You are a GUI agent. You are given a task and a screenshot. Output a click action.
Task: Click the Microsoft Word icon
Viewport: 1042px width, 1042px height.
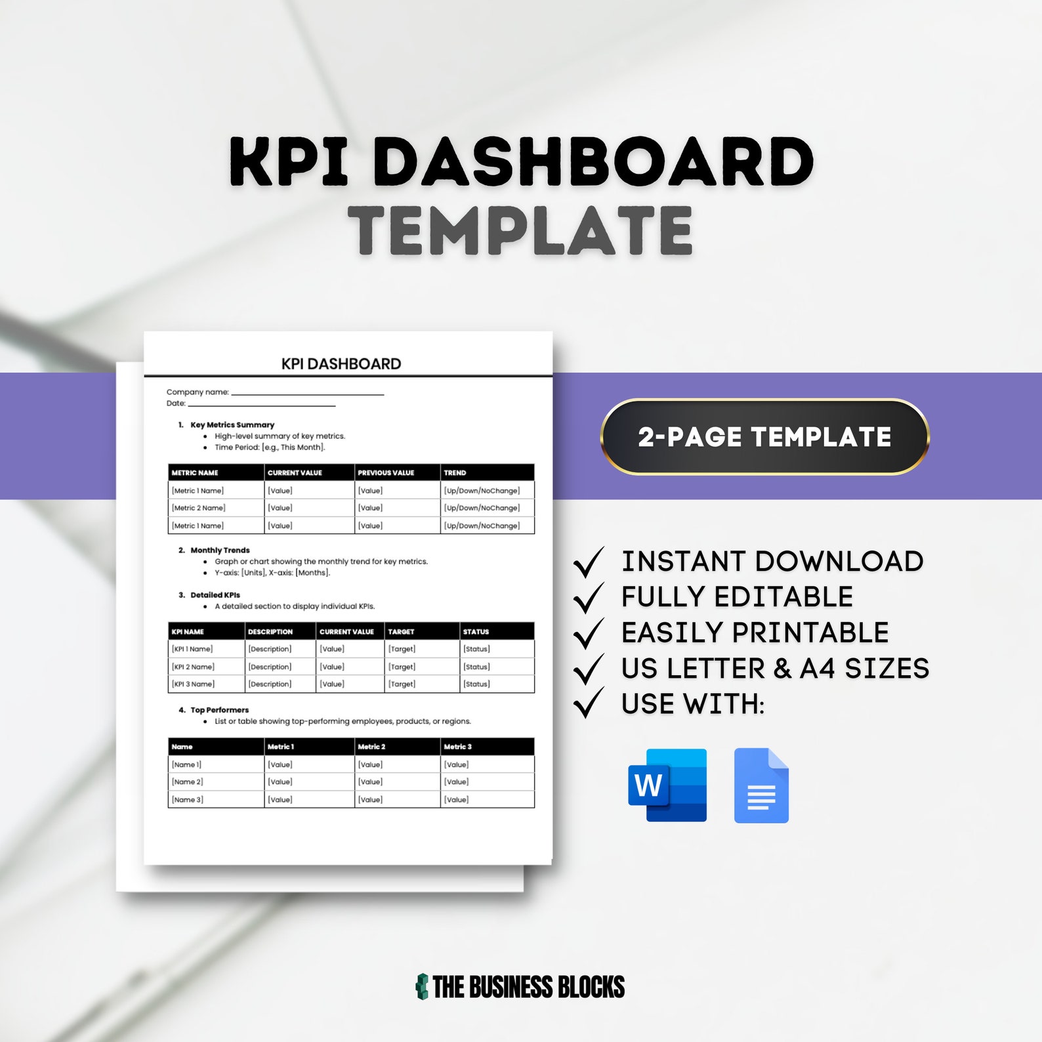(667, 785)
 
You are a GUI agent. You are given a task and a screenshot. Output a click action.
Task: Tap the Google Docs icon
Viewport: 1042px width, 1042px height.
(761, 785)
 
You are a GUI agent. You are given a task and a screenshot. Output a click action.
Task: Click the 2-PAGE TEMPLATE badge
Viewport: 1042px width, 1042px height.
(764, 437)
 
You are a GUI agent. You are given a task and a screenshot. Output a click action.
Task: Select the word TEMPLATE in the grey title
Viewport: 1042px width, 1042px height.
(521, 230)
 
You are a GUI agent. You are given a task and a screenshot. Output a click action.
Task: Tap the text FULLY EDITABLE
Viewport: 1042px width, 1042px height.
(737, 597)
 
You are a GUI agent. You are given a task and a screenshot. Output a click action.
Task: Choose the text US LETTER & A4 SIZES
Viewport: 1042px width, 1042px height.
(775, 669)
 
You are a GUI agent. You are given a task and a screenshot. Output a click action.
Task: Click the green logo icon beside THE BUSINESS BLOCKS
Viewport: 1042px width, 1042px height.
(422, 986)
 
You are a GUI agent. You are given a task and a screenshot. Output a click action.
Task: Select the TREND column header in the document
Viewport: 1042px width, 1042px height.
(455, 472)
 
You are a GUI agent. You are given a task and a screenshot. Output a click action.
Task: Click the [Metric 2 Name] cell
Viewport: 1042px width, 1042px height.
(198, 508)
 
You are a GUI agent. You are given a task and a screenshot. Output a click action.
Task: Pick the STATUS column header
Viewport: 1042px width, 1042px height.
(476, 632)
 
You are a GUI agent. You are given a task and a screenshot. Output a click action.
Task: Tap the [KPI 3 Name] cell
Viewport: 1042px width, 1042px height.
(193, 684)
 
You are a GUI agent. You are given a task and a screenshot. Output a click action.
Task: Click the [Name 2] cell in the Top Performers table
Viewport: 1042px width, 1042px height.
(188, 781)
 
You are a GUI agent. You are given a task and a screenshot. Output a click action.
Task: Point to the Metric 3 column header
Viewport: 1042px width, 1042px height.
(457, 747)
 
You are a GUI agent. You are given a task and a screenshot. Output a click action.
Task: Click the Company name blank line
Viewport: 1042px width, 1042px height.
(307, 393)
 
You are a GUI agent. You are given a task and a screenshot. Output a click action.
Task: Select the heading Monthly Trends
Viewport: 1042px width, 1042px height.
(220, 551)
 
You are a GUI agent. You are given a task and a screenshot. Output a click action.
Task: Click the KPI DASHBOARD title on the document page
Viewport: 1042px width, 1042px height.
(341, 364)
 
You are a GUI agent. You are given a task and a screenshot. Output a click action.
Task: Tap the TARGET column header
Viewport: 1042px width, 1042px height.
(401, 632)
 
